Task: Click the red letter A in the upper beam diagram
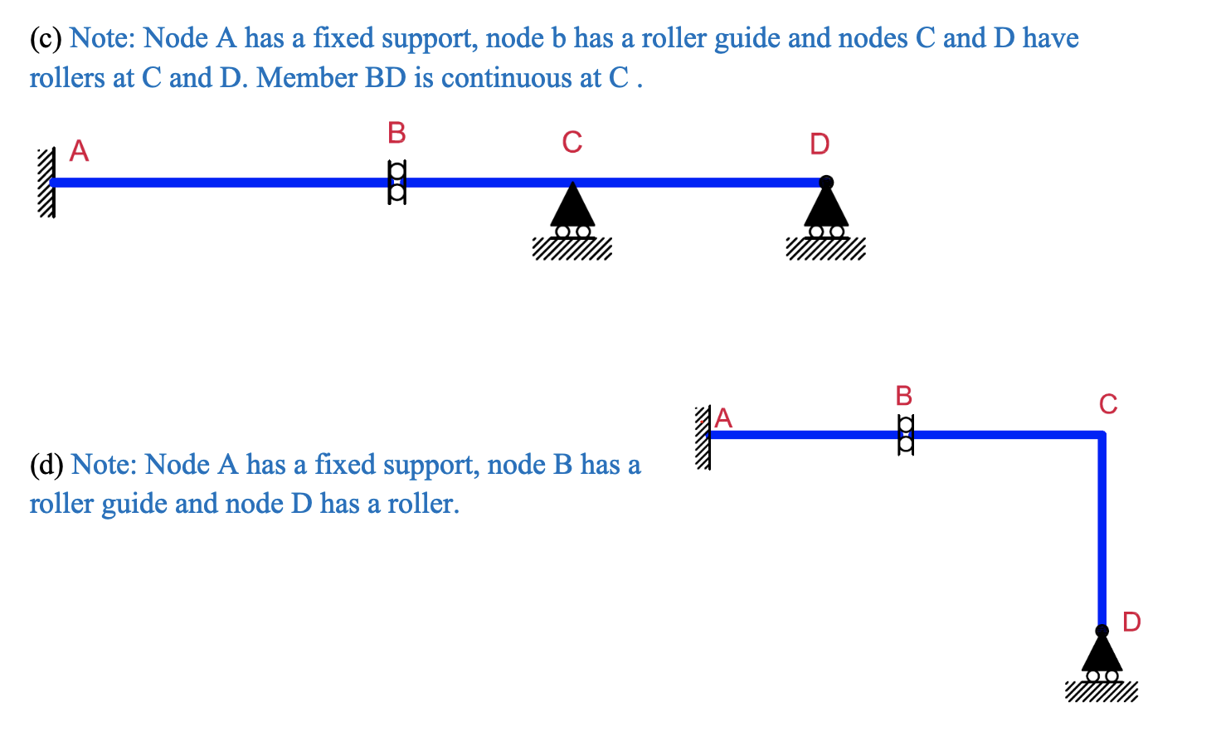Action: tap(79, 151)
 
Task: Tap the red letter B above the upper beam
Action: tap(396, 133)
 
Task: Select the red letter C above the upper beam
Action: tap(572, 143)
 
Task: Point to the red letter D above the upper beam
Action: tap(820, 144)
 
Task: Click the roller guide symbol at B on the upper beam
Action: tap(397, 183)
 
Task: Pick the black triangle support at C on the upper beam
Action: tap(572, 207)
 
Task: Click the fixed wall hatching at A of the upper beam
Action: tap(46, 183)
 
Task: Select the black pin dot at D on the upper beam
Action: tap(826, 182)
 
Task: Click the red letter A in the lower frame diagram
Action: tap(723, 418)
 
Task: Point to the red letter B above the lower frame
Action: tap(904, 396)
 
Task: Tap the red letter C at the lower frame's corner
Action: tap(1108, 404)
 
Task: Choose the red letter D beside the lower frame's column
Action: tap(1131, 622)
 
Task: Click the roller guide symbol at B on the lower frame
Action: tap(906, 434)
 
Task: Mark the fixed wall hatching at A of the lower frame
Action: tap(703, 437)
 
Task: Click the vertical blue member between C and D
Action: tap(1102, 531)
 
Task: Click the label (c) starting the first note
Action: tap(46, 38)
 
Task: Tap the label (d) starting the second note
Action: tap(46, 465)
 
